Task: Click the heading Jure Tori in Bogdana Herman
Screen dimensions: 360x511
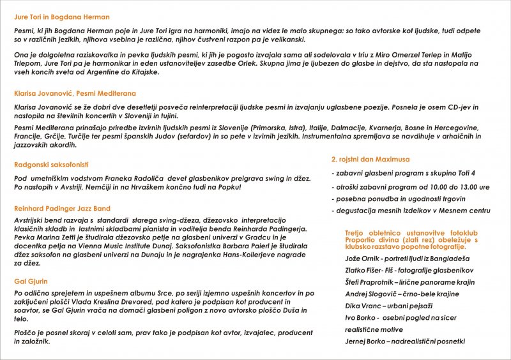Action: (61, 17)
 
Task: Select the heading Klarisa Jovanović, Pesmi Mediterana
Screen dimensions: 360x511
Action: (75, 93)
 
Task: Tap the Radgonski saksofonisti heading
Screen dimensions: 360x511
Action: (51, 165)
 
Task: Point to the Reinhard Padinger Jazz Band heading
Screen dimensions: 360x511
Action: (62, 209)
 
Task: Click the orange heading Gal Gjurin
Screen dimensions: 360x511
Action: (31, 281)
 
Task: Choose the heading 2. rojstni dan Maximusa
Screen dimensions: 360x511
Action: (370, 159)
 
